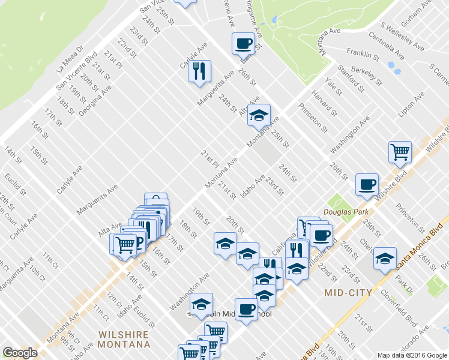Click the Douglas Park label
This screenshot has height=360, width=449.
point(342,212)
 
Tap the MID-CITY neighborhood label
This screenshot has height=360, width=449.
point(348,293)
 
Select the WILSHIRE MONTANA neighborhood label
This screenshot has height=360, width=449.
point(125,339)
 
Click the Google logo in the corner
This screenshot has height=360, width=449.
point(20,353)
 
